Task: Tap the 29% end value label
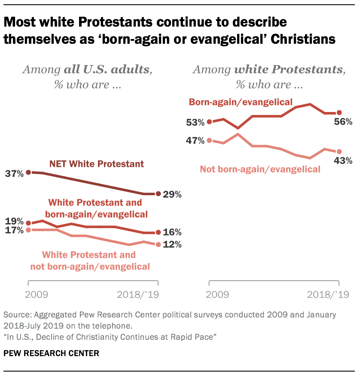point(172,194)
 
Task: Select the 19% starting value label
point(14,222)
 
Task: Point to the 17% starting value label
point(14,231)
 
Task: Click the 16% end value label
point(172,233)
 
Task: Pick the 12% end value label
point(172,245)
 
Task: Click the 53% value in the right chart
point(195,122)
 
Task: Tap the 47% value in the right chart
point(195,141)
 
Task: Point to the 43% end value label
point(343,161)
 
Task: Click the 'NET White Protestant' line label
point(96,164)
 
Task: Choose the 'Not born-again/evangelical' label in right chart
point(260,169)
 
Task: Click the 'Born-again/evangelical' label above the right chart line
point(241,102)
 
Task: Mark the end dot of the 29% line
point(159,194)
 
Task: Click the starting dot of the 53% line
point(209,122)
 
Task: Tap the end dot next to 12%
point(159,245)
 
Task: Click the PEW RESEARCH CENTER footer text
point(51,354)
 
